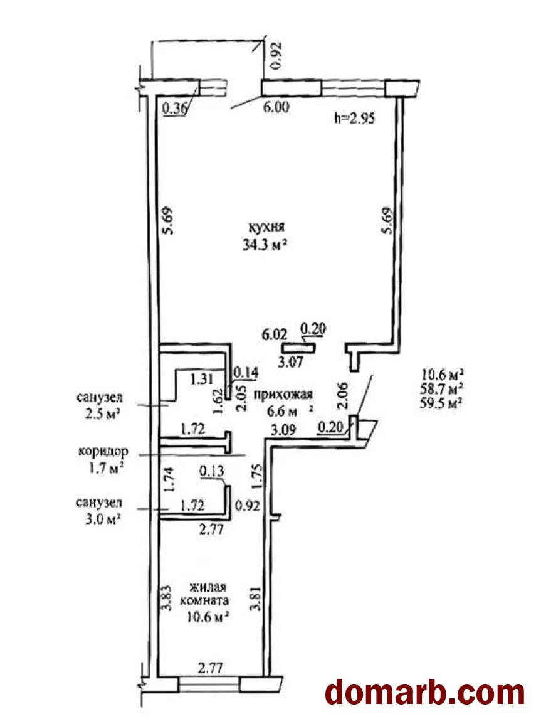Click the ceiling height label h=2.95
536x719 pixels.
pyautogui.click(x=355, y=119)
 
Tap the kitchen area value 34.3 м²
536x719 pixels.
pyautogui.click(x=265, y=245)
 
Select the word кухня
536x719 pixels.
pyautogui.click(x=266, y=226)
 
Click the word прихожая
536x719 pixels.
pyautogui.click(x=283, y=395)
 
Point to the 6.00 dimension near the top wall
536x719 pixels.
pyautogui.click(x=275, y=107)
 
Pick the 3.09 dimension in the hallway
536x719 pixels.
pyautogui.click(x=283, y=430)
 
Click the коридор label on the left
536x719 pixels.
pyautogui.click(x=103, y=451)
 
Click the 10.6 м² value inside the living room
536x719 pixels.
pyautogui.click(x=208, y=617)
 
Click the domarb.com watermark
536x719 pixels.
pyautogui.click(x=425, y=693)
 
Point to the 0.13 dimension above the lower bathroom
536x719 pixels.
pyautogui.click(x=212, y=471)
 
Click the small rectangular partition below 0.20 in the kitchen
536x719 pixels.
pyautogui.click(x=298, y=348)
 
